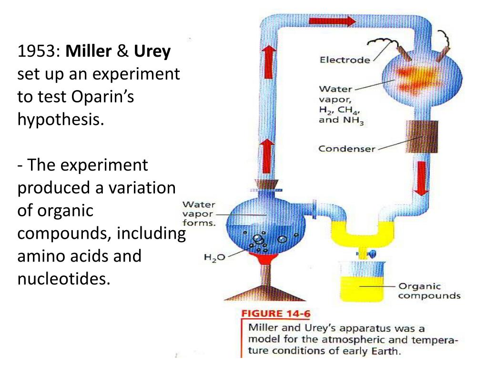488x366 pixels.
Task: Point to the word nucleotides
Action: coord(64,277)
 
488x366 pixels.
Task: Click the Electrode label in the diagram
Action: coord(344,61)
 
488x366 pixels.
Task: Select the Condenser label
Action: coord(346,148)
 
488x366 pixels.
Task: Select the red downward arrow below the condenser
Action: coord(420,178)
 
